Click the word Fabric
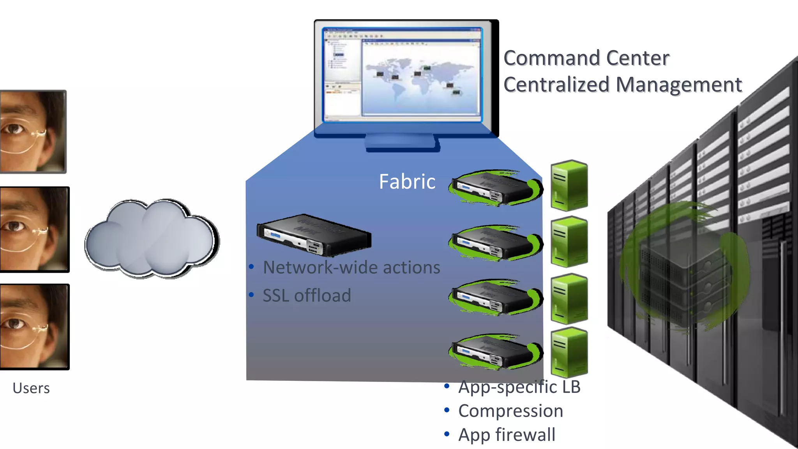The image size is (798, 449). [407, 182]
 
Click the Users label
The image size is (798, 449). [31, 388]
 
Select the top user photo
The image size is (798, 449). [33, 132]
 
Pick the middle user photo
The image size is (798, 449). [34, 229]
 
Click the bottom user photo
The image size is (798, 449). [34, 327]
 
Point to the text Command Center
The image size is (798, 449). [586, 58]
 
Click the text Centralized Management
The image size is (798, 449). [623, 85]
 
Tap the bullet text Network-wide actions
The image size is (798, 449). [351, 268]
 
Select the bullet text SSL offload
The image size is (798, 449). [307, 295]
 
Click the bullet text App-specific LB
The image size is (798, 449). [519, 387]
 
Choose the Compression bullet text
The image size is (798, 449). [510, 411]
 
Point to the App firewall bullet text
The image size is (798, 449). [507, 435]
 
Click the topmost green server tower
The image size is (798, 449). [569, 185]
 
